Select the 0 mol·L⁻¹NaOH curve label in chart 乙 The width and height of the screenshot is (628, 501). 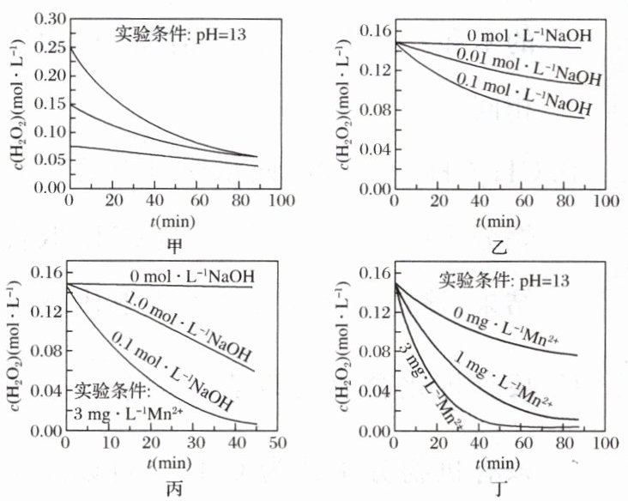tap(530, 36)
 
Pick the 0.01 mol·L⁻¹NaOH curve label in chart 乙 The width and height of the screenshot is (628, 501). tap(528, 69)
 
